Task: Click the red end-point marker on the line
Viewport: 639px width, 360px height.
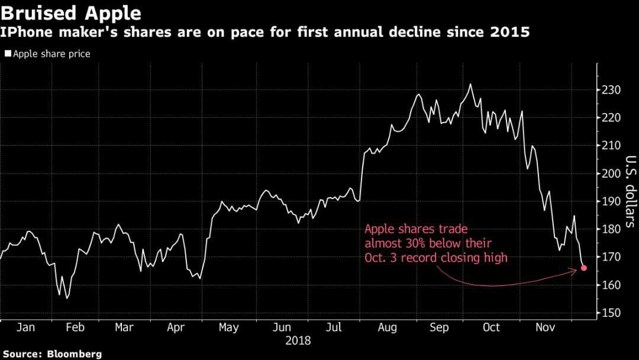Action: [584, 268]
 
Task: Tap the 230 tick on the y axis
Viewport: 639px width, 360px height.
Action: [611, 90]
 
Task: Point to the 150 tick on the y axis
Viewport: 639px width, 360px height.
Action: [611, 313]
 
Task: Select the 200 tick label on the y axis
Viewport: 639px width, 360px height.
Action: [611, 173]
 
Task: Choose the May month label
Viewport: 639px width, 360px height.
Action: [228, 327]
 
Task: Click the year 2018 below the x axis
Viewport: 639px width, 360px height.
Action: [298, 341]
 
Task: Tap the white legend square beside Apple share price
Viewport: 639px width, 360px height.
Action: [8, 54]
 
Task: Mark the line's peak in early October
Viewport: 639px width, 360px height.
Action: [470, 84]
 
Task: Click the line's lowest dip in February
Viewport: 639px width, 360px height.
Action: [67, 298]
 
